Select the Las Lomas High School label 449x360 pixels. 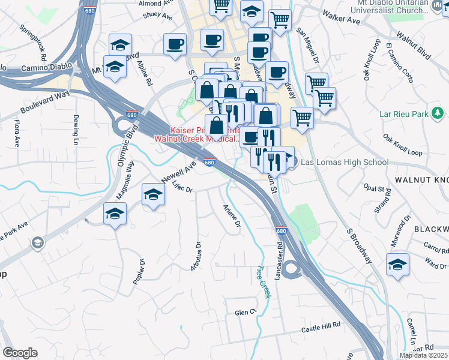pyautogui.click(x=344, y=162)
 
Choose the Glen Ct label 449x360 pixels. pyautogui.click(x=245, y=313)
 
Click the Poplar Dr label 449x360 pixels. pyautogui.click(x=138, y=272)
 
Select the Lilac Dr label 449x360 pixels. pyautogui.click(x=181, y=187)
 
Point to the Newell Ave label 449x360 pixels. pyautogui.click(x=179, y=172)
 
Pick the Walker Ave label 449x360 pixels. pyautogui.click(x=340, y=16)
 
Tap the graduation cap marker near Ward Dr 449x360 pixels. pyautogui.click(x=397, y=265)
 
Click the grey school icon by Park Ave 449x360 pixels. pyautogui.click(x=38, y=242)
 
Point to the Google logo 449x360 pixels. pyautogui.click(x=20, y=353)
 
